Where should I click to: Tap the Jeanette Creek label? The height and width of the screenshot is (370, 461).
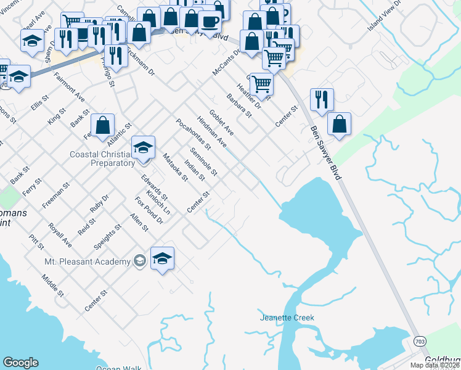click(287, 318)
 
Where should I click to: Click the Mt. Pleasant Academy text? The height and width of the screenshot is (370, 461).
click(88, 261)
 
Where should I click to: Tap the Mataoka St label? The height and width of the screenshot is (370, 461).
click(175, 168)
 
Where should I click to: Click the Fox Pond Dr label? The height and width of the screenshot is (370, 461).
click(149, 210)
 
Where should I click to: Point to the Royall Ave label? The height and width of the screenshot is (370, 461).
click(60, 235)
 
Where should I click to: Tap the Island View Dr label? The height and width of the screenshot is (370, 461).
click(383, 17)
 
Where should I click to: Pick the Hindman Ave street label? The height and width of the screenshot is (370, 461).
click(211, 131)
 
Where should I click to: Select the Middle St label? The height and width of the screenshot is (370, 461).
click(53, 286)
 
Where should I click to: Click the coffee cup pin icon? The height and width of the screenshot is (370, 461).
click(210, 22)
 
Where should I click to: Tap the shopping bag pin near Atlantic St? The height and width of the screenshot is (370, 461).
click(103, 125)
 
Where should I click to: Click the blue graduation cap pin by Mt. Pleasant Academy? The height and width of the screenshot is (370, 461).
click(162, 258)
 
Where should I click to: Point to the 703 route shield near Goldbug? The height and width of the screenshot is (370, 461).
click(419, 340)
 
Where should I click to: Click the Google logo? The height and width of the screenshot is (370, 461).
click(20, 363)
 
